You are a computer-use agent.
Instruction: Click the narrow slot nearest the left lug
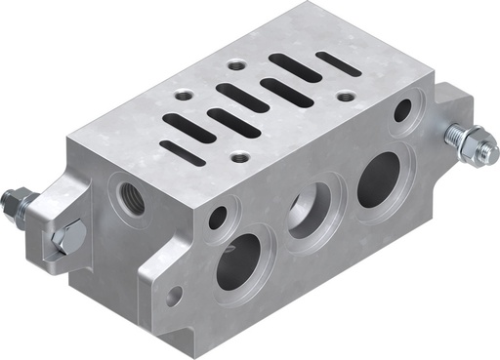click(x=183, y=151)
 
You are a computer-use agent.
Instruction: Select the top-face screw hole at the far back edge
click(x=236, y=65)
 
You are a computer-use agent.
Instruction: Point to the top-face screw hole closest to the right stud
click(x=345, y=97)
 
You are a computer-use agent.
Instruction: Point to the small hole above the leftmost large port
click(x=218, y=217)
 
